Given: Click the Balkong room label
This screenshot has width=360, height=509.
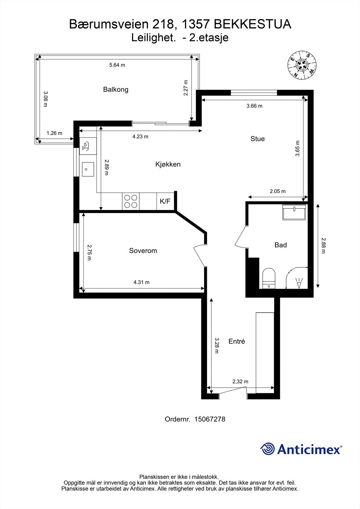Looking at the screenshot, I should pyautogui.click(x=116, y=89).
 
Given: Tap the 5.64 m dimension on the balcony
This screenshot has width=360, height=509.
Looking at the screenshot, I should pyautogui.click(x=117, y=65).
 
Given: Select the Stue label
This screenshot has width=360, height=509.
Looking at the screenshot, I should pyautogui.click(x=258, y=139).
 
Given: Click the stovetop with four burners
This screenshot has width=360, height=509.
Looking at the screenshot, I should pyautogui.click(x=131, y=201).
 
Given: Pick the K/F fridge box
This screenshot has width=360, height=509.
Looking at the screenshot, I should pyautogui.click(x=165, y=201).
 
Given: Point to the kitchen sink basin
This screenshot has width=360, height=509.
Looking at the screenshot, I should pyautogui.click(x=88, y=169).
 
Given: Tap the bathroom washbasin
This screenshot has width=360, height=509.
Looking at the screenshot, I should pyautogui.click(x=294, y=212).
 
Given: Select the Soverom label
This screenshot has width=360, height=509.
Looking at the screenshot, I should pyautogui.click(x=143, y=251).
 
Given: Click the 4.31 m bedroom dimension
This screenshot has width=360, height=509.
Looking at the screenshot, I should pyautogui.click(x=141, y=282).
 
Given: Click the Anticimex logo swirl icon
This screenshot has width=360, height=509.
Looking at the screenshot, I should pyautogui.click(x=268, y=449).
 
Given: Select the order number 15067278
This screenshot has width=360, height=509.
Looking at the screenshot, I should pyautogui.click(x=209, y=419).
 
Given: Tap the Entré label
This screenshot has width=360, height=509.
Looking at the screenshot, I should pyautogui.click(x=237, y=341).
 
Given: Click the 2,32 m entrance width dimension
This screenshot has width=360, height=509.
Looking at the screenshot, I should pyautogui.click(x=240, y=381).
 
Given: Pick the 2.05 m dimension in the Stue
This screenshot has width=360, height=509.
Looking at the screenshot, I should pyautogui.click(x=278, y=191).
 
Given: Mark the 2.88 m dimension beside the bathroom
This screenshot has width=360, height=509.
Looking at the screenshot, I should pyautogui.click(x=323, y=246).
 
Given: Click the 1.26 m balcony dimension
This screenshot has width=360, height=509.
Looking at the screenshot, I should pyautogui.click(x=54, y=133).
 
